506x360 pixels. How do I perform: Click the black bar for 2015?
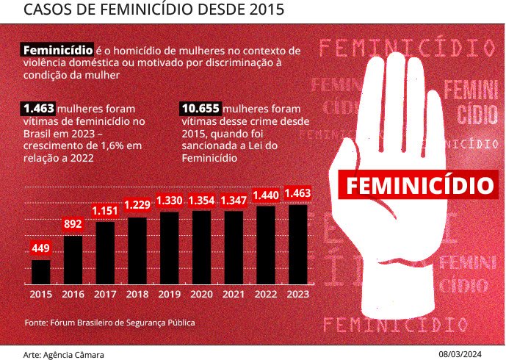41,271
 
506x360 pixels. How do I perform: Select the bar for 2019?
169,248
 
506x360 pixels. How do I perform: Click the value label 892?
73,224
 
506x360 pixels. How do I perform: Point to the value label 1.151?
105,211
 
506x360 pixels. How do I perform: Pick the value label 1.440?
265,195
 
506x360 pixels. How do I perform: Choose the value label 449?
41,248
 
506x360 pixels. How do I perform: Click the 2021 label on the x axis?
233,294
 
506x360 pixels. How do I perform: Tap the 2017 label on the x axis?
105,294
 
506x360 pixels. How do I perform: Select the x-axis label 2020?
201,294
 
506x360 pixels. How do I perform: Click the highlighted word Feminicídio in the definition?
58,51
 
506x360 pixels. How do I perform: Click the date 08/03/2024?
469,354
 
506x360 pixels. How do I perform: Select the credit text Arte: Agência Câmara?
64,354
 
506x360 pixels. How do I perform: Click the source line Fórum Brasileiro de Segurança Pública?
110,322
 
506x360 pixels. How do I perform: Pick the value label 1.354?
201,201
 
